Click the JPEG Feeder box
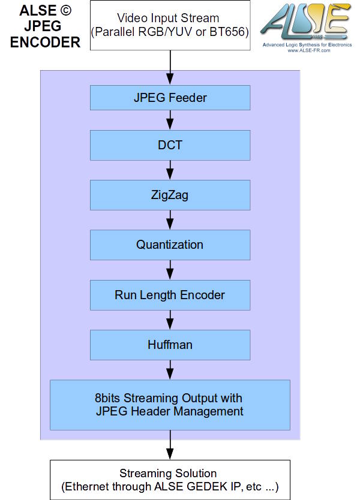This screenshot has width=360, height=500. coord(170,97)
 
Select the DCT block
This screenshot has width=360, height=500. coord(170,144)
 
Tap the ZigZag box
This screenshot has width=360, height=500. coord(170,194)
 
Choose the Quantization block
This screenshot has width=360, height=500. coord(170,245)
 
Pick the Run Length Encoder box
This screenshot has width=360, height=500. coord(170,294)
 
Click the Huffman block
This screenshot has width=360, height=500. coord(170,344)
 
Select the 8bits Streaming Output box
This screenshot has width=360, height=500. coord(170,405)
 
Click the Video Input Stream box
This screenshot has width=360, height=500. coord(170,25)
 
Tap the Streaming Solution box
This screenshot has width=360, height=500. coord(170,480)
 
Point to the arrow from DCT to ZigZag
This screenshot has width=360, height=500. coord(170,170)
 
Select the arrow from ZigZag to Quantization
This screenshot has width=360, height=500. coord(170,219)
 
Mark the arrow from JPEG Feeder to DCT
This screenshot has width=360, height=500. coord(170,121)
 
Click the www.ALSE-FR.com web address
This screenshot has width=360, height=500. coord(306,50)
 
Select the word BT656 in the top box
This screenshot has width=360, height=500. coord(228,31)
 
